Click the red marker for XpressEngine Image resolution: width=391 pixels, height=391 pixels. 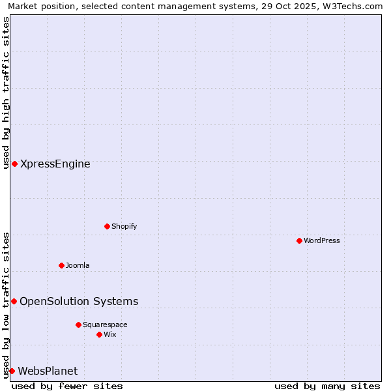pos(14,164)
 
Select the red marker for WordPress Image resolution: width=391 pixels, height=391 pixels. pos(299,240)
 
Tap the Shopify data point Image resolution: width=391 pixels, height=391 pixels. pos(107,226)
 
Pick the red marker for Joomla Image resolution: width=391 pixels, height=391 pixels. pos(61,265)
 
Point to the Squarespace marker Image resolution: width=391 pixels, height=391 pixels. pos(78,325)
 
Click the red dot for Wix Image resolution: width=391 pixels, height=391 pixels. pos(99,334)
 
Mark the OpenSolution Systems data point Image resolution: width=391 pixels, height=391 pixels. pos(14,301)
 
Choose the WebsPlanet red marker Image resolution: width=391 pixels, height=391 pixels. pos(12,371)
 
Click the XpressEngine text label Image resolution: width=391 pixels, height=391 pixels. pos(55,164)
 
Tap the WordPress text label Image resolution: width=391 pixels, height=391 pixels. pos(322,240)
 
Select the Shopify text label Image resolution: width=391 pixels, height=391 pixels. pos(124,226)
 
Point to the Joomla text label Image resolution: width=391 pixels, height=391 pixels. pos(78,265)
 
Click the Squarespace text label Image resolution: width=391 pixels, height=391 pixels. pos(105,325)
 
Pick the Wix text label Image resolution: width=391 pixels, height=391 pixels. pos(110,334)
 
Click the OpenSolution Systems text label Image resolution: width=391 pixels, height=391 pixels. pos(79,301)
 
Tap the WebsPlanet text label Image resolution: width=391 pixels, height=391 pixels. pos(48,371)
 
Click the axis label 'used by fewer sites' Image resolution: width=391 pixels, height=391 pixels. pos(67,386)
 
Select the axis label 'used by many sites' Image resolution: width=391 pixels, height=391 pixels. pos(327,386)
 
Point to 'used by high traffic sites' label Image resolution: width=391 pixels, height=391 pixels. pos(6,92)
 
